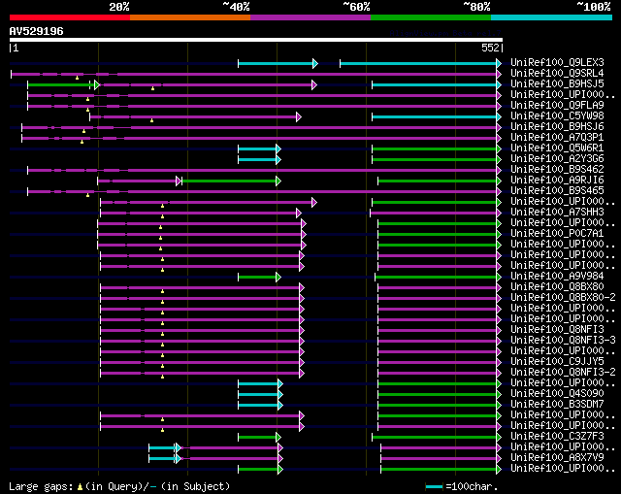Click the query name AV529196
tap(36, 31)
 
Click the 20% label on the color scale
tap(119, 7)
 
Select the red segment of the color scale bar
tap(69, 16)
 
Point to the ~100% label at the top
tap(593, 7)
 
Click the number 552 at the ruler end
tap(491, 47)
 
